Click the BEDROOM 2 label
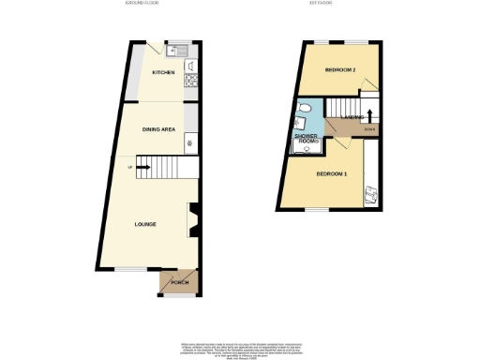coord(339,71)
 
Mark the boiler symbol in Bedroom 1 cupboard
coord(369,193)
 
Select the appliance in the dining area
coord(190,143)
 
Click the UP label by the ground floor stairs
coord(130,169)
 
